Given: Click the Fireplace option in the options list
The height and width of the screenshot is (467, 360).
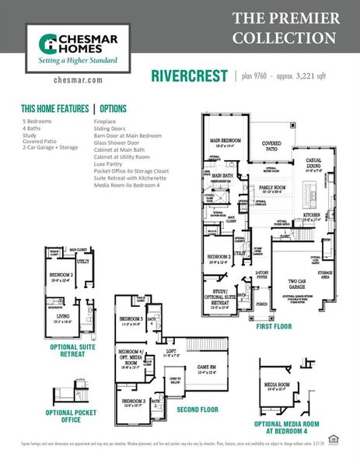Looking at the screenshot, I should coord(106,122).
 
